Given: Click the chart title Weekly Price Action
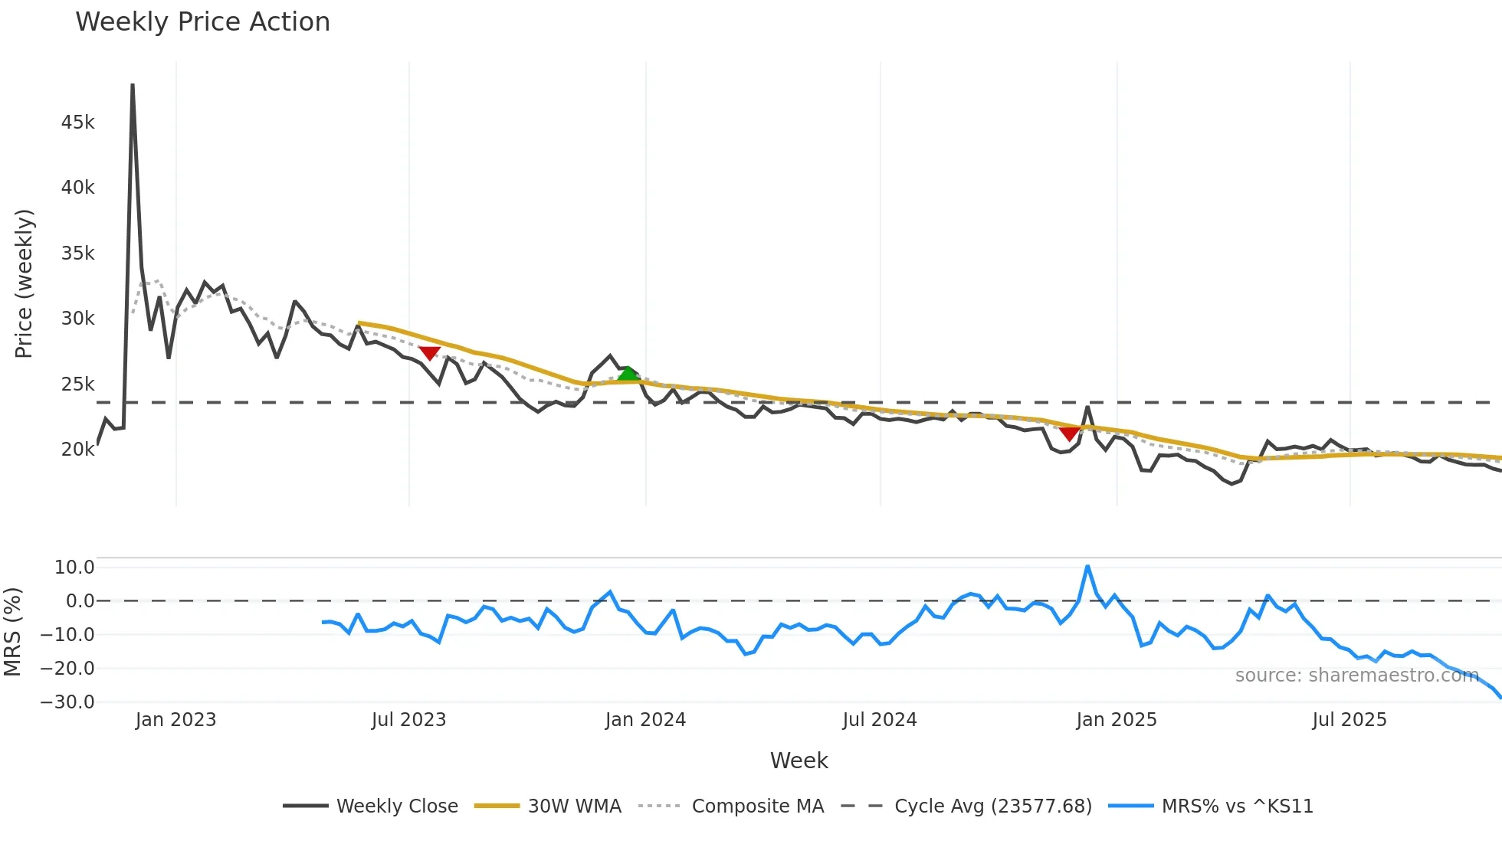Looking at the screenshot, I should pyautogui.click(x=202, y=22).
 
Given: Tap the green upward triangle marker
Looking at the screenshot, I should pyautogui.click(x=628, y=374).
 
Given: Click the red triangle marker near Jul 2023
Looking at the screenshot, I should pyautogui.click(x=429, y=353).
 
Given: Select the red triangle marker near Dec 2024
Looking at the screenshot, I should pyautogui.click(x=1070, y=433).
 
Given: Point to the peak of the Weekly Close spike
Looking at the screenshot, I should pyautogui.click(x=133, y=85).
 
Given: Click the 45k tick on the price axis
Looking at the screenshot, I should pyautogui.click(x=77, y=123).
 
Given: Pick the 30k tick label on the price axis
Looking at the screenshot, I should pyautogui.click(x=77, y=319).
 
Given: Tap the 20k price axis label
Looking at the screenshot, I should pyautogui.click(x=77, y=450).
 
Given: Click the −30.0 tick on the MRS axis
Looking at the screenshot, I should pyautogui.click(x=67, y=702).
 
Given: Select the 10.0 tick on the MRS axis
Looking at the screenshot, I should pyautogui.click(x=74, y=568).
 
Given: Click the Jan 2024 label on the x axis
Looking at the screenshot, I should pyautogui.click(x=645, y=720).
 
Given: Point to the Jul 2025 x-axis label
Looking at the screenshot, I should pyautogui.click(x=1349, y=720).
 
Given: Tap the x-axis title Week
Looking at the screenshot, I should pyautogui.click(x=799, y=761).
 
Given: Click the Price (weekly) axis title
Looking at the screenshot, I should pyautogui.click(x=24, y=283).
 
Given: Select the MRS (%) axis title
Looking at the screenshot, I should pyautogui.click(x=12, y=632).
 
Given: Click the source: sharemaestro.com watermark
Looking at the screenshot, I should pyautogui.click(x=1356, y=676).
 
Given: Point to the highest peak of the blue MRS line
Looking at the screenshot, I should pyautogui.click(x=1087, y=567).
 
